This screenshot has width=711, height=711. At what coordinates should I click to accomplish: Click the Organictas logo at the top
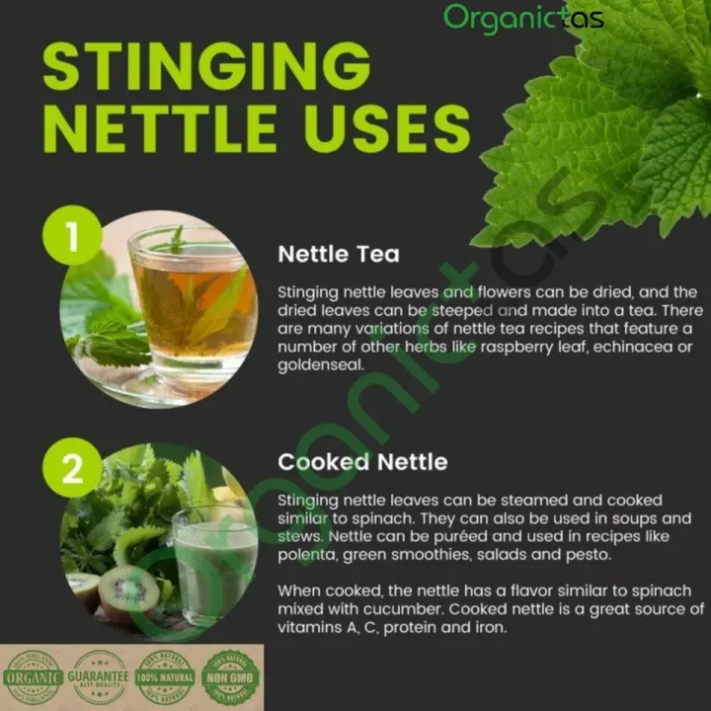(x=522, y=17)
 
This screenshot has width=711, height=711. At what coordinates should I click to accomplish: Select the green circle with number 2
(x=72, y=469)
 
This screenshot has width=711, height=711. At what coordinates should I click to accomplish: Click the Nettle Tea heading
(x=339, y=254)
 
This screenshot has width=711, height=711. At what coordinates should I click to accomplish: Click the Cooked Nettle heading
(x=362, y=462)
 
